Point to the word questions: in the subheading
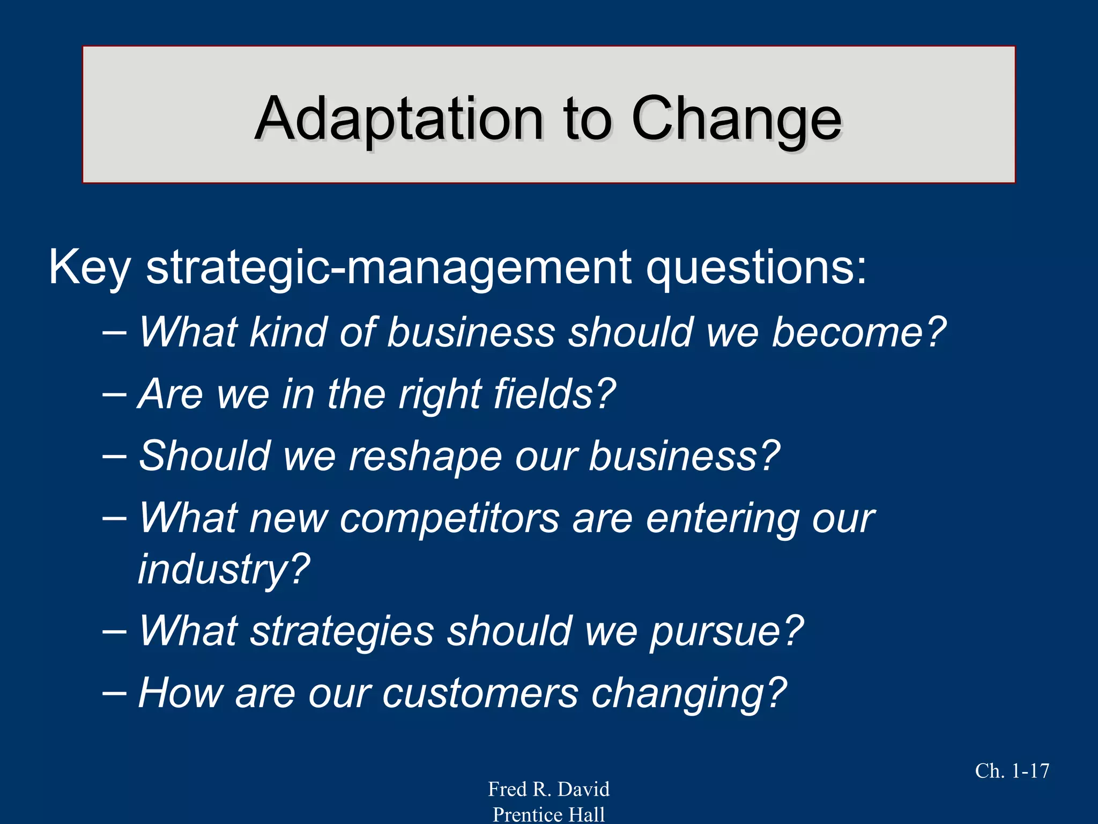[756, 268]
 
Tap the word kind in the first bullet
[288, 332]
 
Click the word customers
[480, 693]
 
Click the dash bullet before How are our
[114, 693]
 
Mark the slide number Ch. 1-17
[1012, 771]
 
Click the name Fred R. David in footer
[548, 789]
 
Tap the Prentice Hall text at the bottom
[548, 814]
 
